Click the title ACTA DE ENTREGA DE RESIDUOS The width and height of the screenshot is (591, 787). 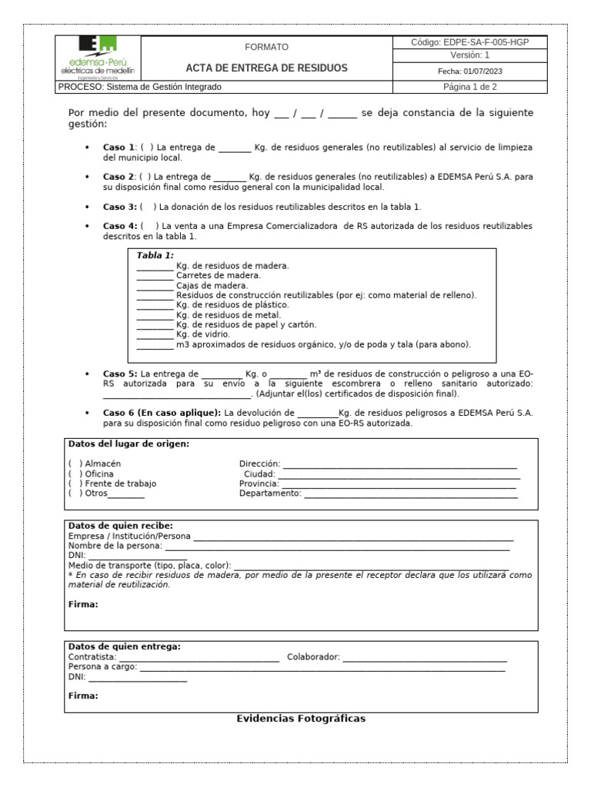(266, 68)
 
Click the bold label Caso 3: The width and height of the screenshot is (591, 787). (120, 207)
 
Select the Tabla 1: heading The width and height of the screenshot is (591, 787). (155, 254)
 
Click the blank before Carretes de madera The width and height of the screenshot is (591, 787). (155, 275)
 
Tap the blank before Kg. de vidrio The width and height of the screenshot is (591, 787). (155, 335)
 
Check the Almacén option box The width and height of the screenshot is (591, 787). (75, 463)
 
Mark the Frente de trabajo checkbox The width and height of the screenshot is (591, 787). (75, 483)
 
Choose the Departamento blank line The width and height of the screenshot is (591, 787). (410, 493)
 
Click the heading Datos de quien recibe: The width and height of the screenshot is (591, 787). (120, 526)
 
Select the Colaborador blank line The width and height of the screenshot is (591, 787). (425, 658)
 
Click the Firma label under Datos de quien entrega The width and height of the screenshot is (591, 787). (83, 696)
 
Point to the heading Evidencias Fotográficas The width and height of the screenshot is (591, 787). (301, 719)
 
